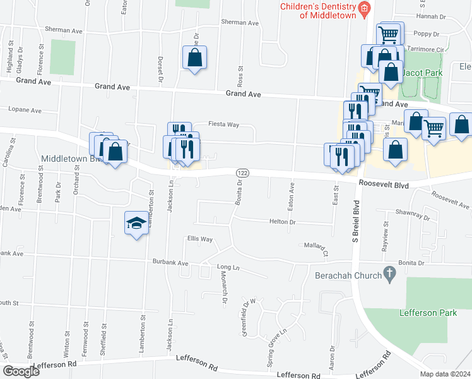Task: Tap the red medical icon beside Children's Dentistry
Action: (364, 8)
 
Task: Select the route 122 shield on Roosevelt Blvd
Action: (242, 172)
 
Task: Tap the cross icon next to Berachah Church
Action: (390, 275)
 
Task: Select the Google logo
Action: (21, 371)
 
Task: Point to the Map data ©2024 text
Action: (445, 374)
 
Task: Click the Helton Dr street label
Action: (282, 222)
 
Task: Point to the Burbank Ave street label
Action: (170, 263)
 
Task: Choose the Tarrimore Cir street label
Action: (426, 48)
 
